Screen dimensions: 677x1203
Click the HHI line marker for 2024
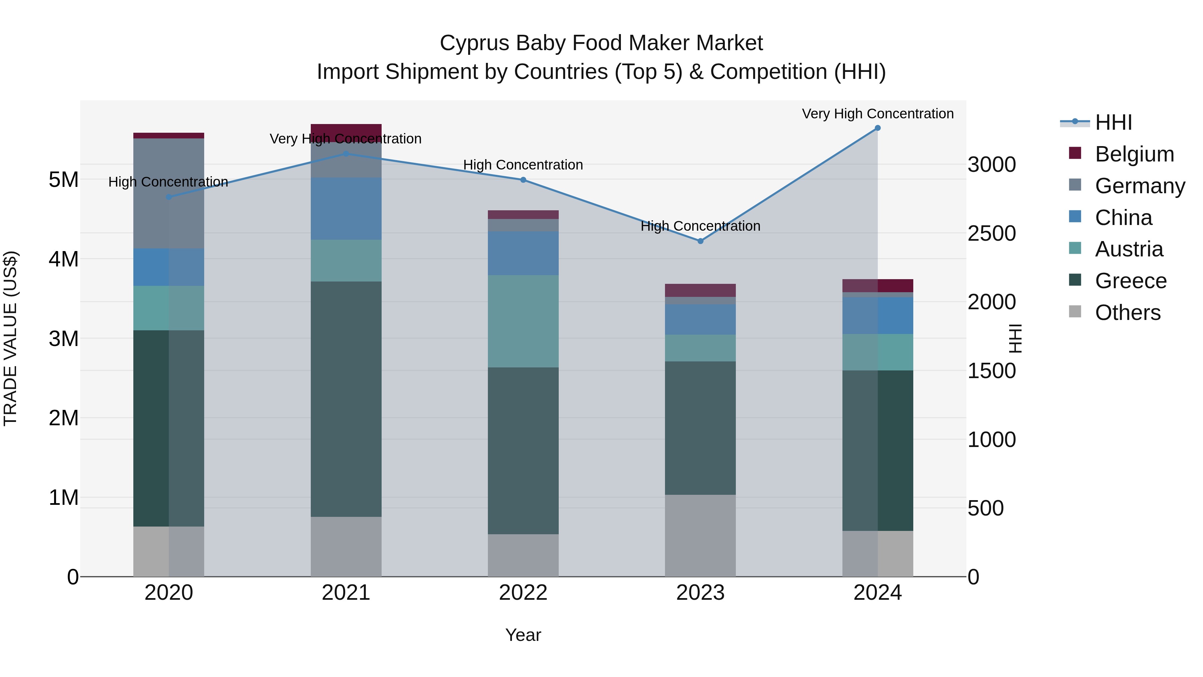coord(878,128)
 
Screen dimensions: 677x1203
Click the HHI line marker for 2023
coord(700,241)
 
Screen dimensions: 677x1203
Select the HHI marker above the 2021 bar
coord(346,154)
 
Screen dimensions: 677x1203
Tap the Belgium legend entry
coord(1134,154)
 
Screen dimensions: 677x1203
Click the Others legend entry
coord(1127,313)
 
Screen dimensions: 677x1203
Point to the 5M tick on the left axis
coord(63,180)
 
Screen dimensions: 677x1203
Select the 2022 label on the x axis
coord(523,593)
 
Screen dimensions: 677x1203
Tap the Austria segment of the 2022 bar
coord(523,321)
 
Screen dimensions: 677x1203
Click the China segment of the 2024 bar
coord(878,315)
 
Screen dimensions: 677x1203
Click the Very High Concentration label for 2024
coord(878,114)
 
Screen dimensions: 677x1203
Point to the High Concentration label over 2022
coord(523,165)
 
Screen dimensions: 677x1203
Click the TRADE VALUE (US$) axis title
coord(10,338)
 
